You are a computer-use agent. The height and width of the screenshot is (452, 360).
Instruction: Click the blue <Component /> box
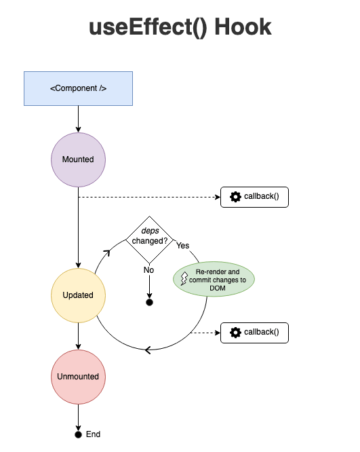point(78,88)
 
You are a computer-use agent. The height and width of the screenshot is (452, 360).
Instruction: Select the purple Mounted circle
point(78,159)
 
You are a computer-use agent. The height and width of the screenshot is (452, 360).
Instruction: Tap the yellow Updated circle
point(78,295)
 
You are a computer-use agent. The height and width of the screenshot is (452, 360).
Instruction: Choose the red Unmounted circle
point(78,377)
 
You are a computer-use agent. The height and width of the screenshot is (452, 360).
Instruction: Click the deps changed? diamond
point(150,240)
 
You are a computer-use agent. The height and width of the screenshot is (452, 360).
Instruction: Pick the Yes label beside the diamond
point(182,246)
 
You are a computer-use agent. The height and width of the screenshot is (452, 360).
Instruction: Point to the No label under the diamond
point(149,270)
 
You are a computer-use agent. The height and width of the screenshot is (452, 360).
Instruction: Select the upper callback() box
point(254,197)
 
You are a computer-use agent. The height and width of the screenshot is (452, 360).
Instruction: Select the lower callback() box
point(254,333)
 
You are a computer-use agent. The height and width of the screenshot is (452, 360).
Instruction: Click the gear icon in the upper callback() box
point(235,197)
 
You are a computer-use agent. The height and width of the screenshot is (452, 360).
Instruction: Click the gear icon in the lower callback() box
point(235,333)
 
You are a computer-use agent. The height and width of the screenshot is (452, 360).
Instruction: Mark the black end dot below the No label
point(150,302)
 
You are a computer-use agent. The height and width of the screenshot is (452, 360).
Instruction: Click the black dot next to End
point(79,434)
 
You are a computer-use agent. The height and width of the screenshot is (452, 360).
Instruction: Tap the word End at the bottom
point(93,434)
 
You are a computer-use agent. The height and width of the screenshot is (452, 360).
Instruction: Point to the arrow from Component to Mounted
point(79,119)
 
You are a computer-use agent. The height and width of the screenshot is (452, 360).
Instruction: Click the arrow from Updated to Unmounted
point(79,336)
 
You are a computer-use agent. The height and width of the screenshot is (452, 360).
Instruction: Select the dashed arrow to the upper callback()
point(149,197)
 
